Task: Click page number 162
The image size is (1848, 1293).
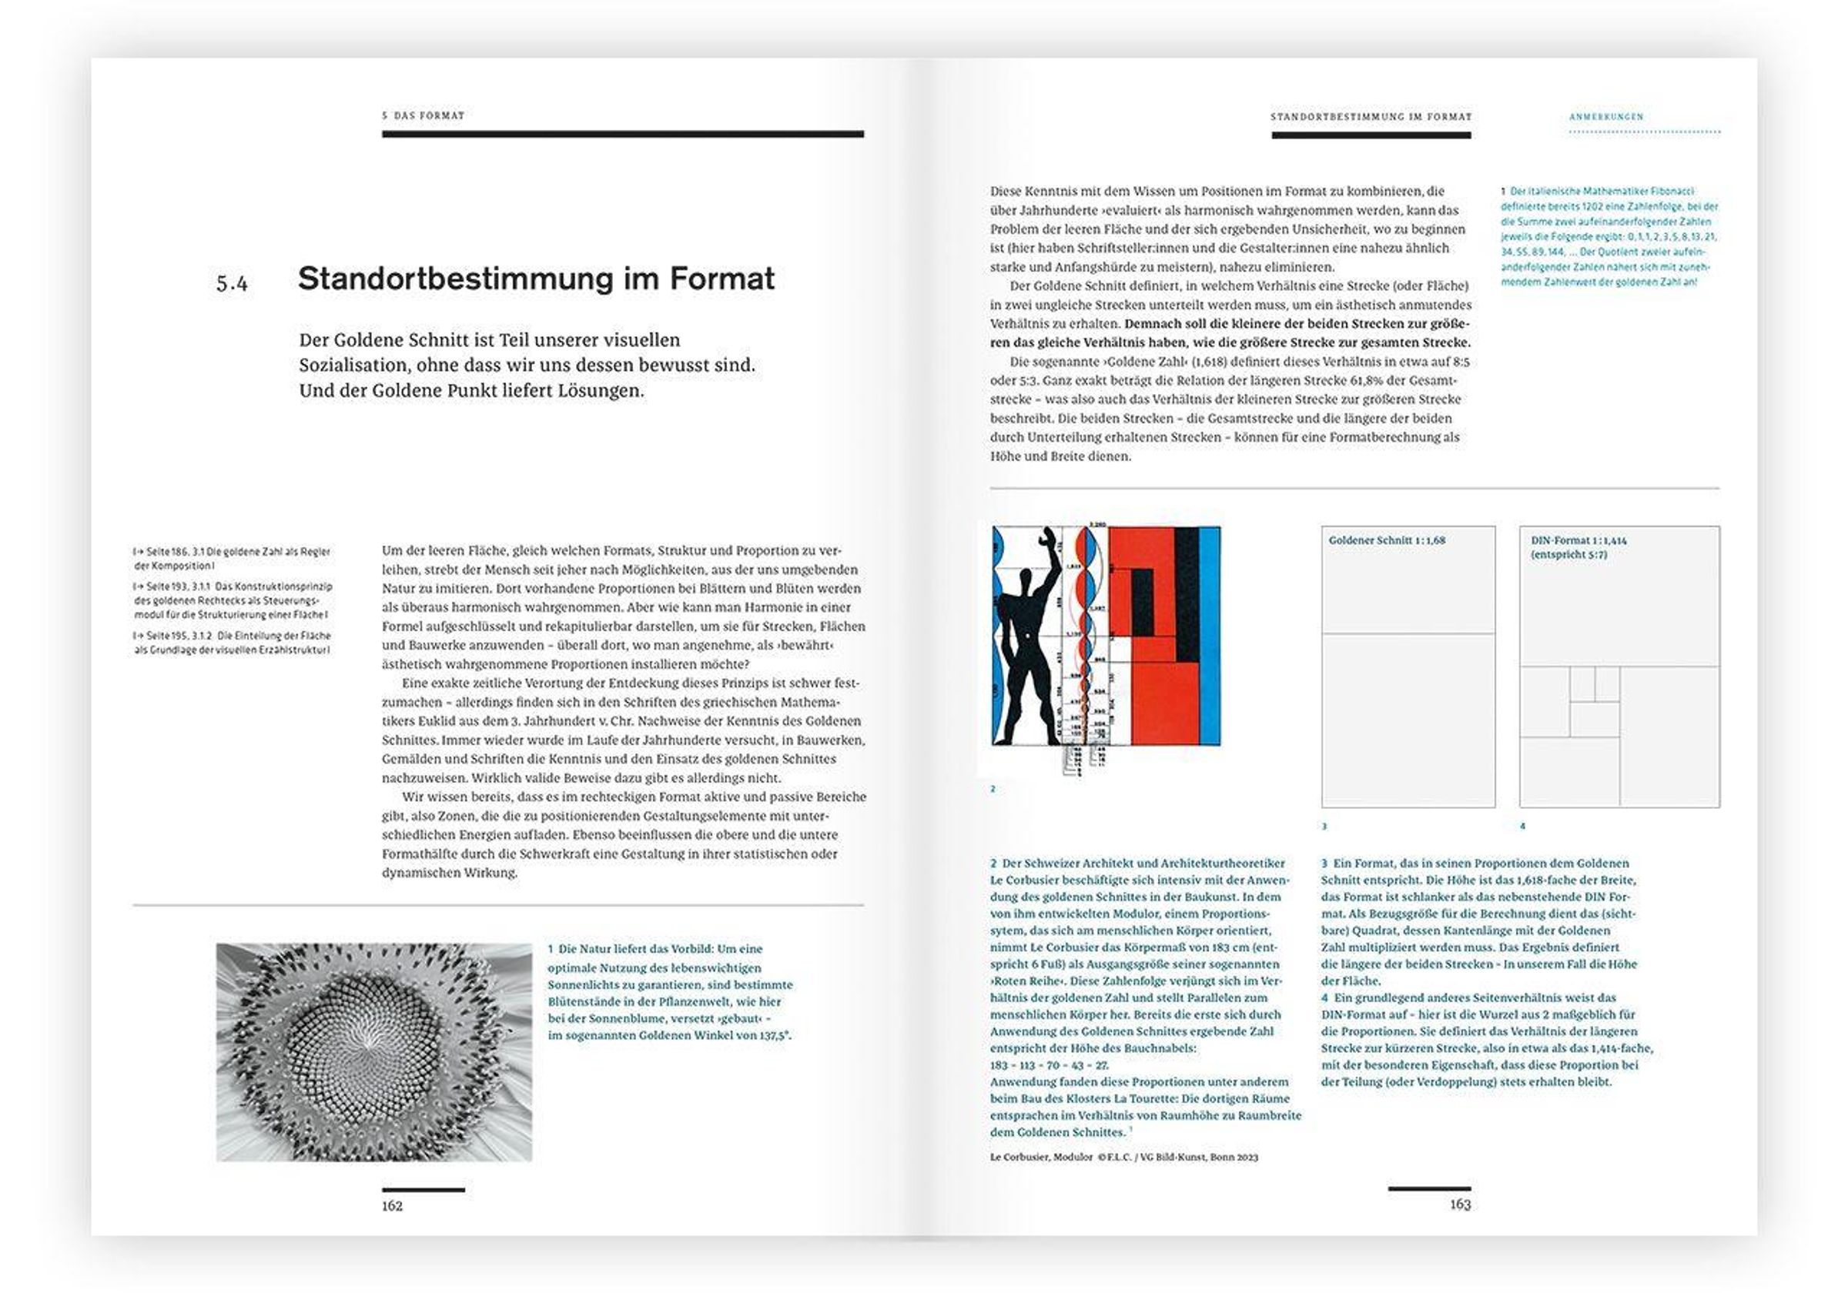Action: coord(392,1205)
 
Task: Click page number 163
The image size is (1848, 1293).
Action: coord(1459,1204)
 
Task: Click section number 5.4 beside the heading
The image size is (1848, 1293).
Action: coord(232,283)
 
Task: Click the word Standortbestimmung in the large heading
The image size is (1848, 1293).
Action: coord(455,279)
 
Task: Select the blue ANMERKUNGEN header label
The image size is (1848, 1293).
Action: coord(1605,117)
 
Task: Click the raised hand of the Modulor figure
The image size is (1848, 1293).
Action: coord(1047,536)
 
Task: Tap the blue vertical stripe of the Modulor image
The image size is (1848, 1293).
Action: coord(1210,636)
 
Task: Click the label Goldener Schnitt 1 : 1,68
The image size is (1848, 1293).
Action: coord(1386,541)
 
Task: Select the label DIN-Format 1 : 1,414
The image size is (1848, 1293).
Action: coord(1578,541)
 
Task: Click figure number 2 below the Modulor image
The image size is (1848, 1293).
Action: coord(993,790)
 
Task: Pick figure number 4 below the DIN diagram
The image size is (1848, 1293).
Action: coord(1522,826)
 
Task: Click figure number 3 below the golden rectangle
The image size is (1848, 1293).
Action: coord(1324,827)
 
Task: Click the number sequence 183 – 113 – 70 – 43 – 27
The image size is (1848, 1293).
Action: coord(1049,1065)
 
